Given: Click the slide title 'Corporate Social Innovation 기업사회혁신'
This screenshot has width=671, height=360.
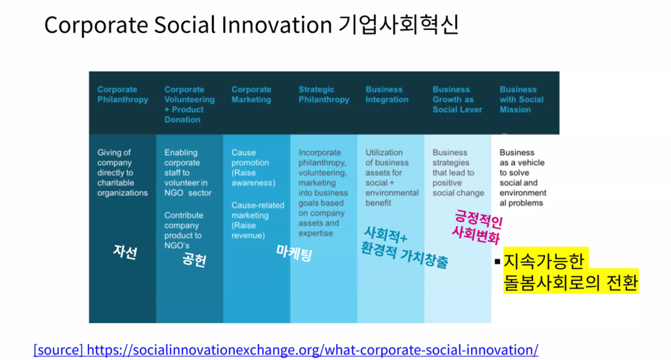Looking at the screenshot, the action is pos(251,24).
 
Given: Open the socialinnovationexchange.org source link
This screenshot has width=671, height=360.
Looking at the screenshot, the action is pos(286,350).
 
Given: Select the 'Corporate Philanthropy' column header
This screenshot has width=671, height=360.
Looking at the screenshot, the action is pos(122,94).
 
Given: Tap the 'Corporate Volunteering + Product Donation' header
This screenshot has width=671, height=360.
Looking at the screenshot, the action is pos(189,104).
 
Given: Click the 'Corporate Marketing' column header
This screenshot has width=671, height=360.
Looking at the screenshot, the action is pos(251,94).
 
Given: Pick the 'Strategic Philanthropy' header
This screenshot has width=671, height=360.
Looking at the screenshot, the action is pos(324,94).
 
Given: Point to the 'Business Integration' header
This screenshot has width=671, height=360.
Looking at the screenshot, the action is pos(387,94).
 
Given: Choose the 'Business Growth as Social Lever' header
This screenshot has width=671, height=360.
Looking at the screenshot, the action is pos(457,99).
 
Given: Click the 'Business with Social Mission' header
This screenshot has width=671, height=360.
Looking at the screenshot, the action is pos(521,99).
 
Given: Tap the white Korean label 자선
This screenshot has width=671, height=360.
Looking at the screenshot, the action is pos(125,252).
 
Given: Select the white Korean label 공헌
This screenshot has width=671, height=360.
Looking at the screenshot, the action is pos(194,259).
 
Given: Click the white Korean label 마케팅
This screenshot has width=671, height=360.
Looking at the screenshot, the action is pos(294,253).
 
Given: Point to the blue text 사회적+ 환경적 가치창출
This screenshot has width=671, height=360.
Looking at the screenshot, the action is pos(404,247).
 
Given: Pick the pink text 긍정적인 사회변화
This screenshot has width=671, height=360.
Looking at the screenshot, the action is pos(477,226).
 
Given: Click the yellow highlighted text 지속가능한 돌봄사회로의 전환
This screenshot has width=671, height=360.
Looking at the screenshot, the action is pos(571,271).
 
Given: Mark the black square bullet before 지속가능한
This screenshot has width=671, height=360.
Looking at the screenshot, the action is pos(497,261).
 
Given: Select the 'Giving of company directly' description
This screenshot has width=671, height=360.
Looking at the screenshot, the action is pos(122,173).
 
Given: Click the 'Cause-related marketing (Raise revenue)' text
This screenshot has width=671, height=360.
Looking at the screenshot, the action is pos(258,220).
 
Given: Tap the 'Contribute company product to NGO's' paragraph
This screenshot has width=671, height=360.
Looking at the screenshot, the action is pos(184,230).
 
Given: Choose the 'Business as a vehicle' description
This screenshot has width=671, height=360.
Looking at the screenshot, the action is pos(523,178).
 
